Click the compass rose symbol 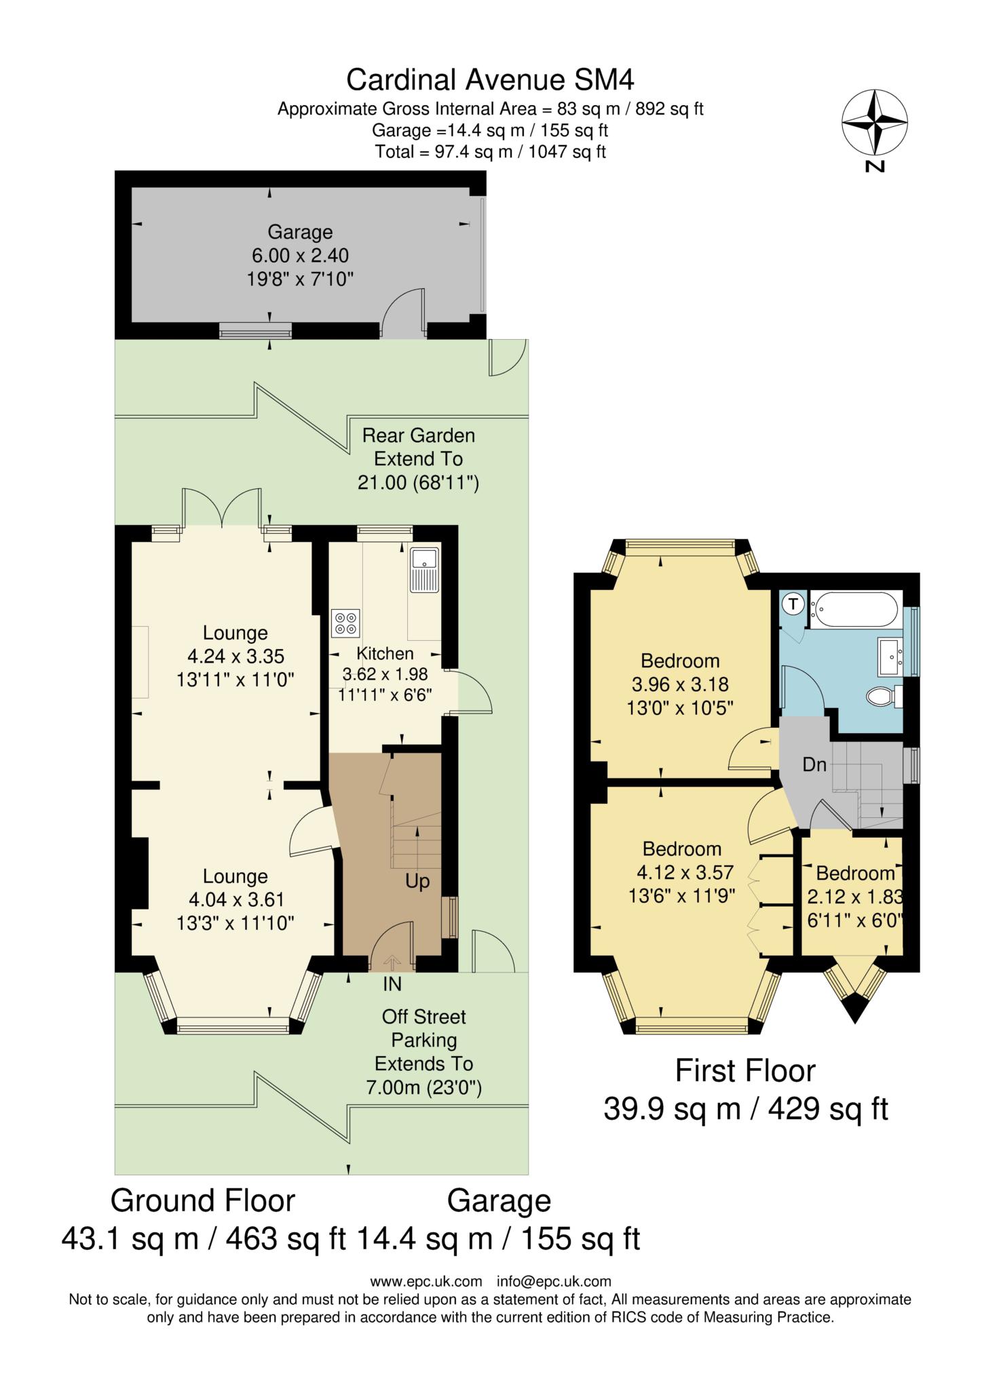875,123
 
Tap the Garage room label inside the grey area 300,232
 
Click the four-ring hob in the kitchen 345,623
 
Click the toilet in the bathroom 884,696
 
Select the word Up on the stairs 417,882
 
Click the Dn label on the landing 814,765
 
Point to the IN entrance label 392,983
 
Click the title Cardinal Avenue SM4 490,80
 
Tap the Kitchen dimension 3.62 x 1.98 385,675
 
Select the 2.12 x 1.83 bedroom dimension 854,897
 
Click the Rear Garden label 418,435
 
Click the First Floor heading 745,1072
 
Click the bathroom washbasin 890,656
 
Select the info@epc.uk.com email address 554,1282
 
